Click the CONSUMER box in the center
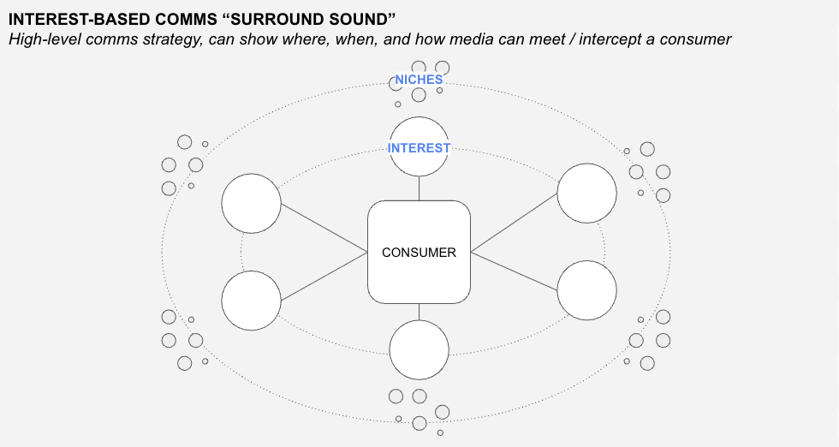pyautogui.click(x=419, y=252)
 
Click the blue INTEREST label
pyautogui.click(x=419, y=148)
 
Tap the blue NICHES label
pyautogui.click(x=419, y=80)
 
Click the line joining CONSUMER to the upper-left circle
pyautogui.click(x=324, y=228)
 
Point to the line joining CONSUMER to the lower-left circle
pyautogui.click(x=324, y=277)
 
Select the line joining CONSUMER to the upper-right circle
pyautogui.click(x=515, y=223)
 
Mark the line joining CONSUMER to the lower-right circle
pyautogui.click(x=515, y=271)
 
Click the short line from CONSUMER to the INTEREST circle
pyautogui.click(x=419, y=188)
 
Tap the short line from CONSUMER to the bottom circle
pyautogui.click(x=419, y=312)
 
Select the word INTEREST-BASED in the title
pyautogui.click(x=78, y=20)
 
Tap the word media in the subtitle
pyautogui.click(x=473, y=39)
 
